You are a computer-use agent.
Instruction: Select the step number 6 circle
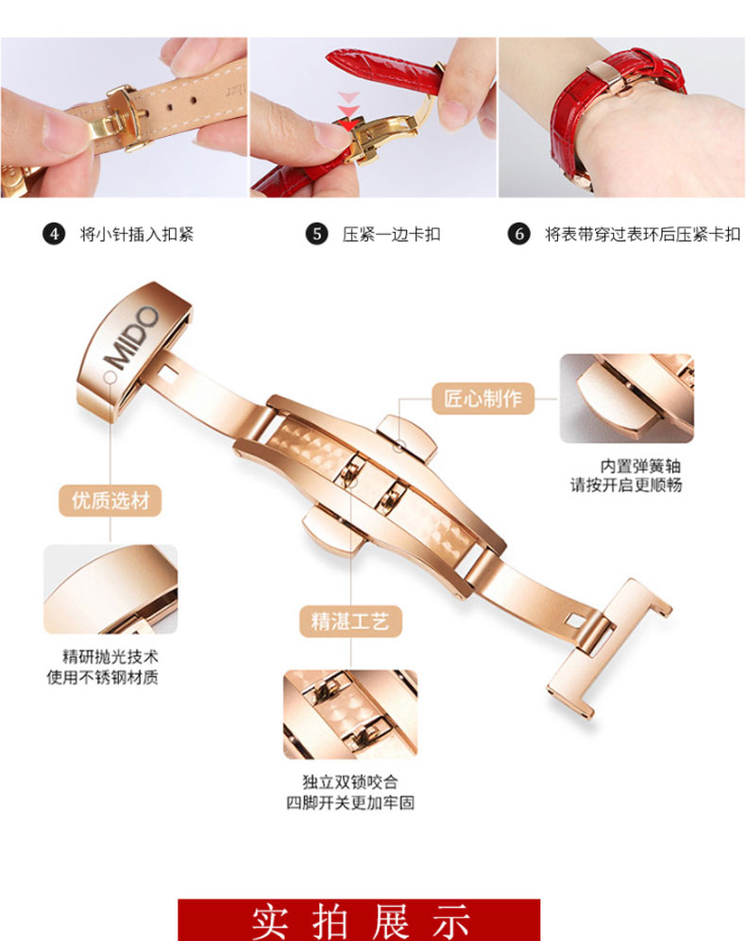click(518, 234)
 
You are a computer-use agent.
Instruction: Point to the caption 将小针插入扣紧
click(136, 234)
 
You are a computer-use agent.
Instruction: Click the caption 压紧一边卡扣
click(391, 234)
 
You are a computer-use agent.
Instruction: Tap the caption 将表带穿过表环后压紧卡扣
click(642, 234)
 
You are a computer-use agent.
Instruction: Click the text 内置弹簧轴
click(640, 466)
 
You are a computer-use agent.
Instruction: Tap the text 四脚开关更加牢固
click(350, 803)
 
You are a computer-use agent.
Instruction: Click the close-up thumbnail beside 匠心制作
click(626, 398)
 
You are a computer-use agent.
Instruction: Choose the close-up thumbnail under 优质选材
click(110, 589)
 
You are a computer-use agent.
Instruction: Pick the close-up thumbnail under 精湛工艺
click(350, 714)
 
